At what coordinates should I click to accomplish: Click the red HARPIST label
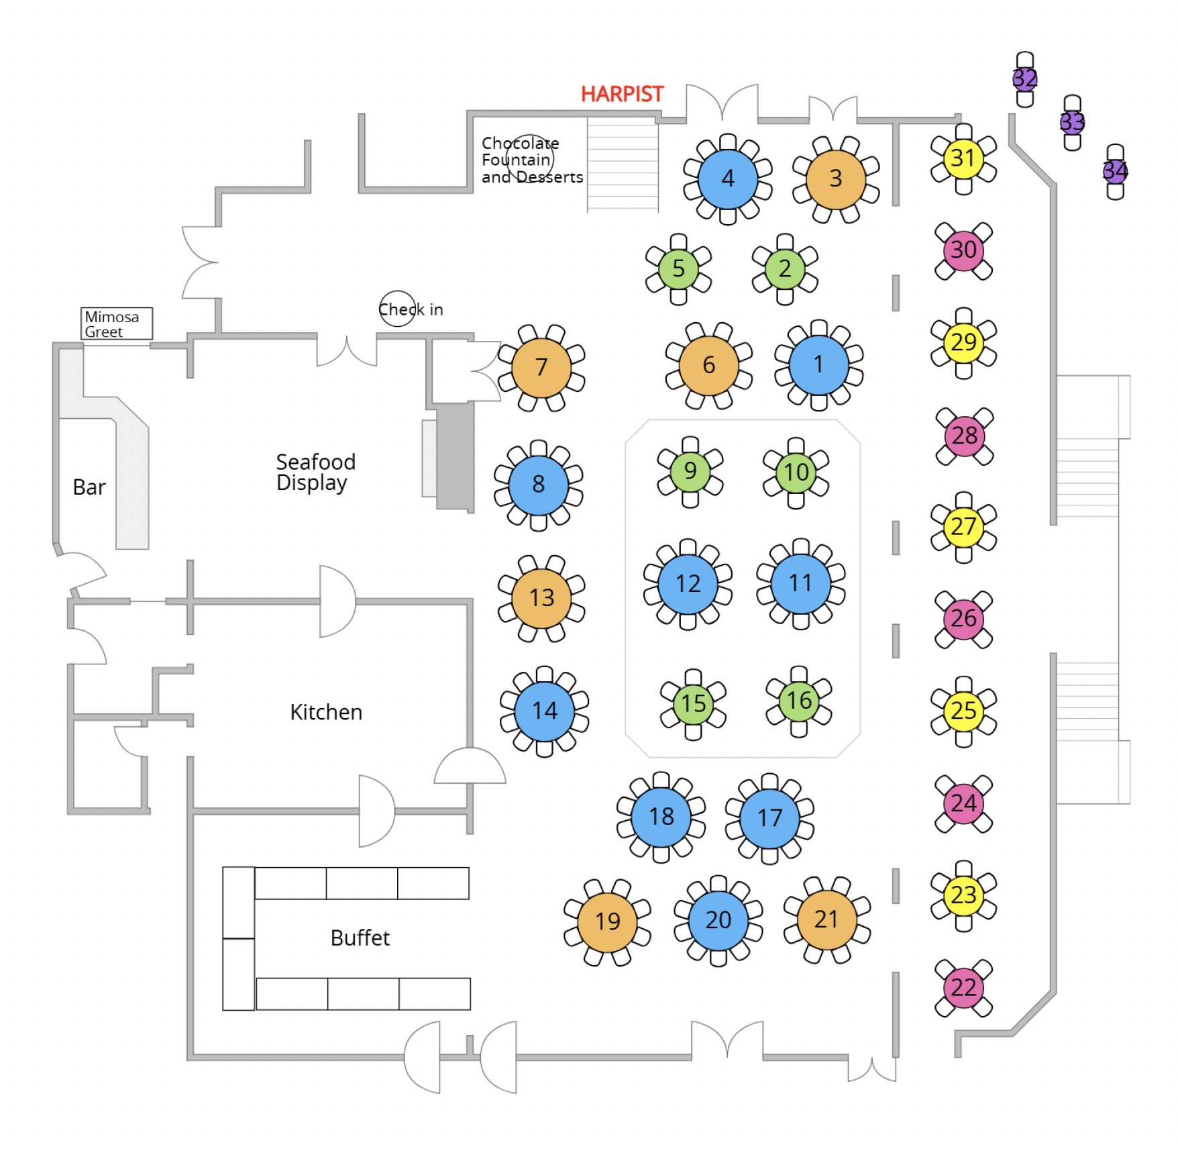622,94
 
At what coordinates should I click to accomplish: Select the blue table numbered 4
727,179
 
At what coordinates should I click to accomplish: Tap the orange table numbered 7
541,367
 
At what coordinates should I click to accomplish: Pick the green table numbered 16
798,701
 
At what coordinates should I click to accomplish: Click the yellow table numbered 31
963,159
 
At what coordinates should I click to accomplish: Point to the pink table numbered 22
963,987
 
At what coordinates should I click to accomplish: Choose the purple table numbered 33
1072,122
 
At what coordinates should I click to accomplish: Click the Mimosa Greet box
116,323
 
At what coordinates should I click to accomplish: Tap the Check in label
411,309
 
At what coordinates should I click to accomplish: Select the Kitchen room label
326,711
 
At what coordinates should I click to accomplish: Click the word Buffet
360,937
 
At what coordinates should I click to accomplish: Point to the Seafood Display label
315,472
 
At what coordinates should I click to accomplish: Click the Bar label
89,487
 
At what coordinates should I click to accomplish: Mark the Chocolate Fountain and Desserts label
532,160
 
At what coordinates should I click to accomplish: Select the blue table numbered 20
718,919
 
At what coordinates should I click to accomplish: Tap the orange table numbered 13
541,597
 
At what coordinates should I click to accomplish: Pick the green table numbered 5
678,268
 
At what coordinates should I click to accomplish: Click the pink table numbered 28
964,436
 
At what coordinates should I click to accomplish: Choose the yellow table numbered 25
963,710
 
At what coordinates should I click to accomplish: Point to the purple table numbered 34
1115,171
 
